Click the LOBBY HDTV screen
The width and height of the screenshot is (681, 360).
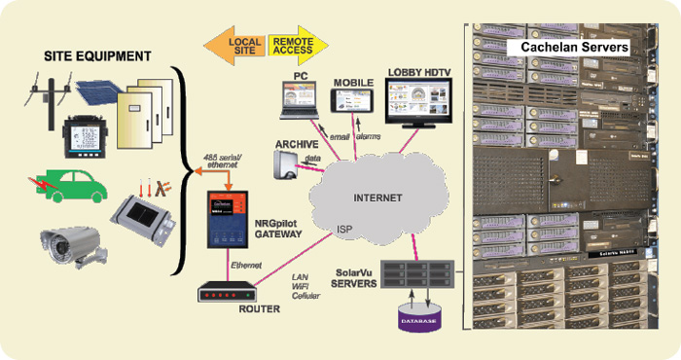[418, 103]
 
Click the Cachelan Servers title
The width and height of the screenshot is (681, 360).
[574, 47]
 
